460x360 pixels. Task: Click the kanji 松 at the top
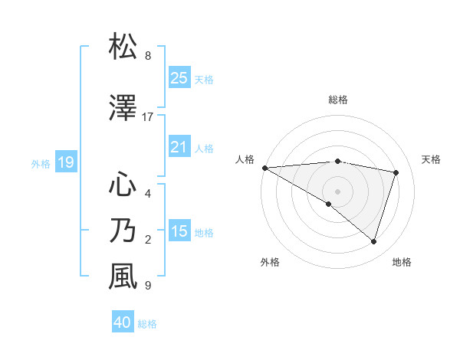(123, 47)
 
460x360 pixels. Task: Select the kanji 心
(123, 184)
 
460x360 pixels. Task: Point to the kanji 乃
(123, 231)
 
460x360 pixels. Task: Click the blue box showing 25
(179, 78)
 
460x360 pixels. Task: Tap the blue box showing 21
(179, 148)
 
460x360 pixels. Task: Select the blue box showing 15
(179, 232)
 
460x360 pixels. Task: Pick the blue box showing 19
(65, 162)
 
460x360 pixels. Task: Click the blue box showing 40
(123, 323)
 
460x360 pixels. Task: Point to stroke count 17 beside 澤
(148, 117)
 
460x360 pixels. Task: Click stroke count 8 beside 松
(148, 56)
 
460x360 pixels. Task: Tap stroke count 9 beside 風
(148, 286)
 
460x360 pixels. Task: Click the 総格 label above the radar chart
(338, 100)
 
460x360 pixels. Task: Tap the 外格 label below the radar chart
(270, 263)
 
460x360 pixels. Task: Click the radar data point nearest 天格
(396, 172)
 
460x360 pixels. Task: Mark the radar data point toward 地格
(373, 241)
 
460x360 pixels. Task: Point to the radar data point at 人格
(264, 167)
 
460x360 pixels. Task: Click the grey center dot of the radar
(337, 190)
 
